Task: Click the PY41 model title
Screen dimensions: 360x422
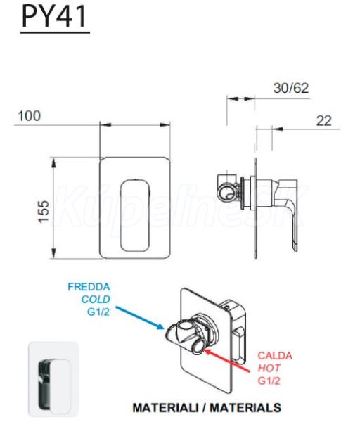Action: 54,16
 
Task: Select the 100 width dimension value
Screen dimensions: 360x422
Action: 30,116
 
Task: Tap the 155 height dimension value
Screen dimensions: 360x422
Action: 44,212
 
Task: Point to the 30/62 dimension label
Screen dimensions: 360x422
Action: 291,88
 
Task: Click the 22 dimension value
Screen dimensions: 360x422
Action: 323,120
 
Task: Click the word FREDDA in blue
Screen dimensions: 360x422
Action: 89,287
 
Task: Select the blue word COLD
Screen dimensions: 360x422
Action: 96,300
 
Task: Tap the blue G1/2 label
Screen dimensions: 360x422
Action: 98,312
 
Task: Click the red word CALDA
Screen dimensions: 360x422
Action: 275,356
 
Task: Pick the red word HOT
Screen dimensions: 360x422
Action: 269,368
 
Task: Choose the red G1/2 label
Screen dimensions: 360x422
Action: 269,381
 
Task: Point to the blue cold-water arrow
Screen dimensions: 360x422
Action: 140,318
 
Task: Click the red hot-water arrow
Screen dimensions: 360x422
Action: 227,360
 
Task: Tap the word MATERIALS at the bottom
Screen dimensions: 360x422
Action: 245,408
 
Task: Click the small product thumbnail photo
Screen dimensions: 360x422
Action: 53,379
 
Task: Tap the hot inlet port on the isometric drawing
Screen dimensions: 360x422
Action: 200,346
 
